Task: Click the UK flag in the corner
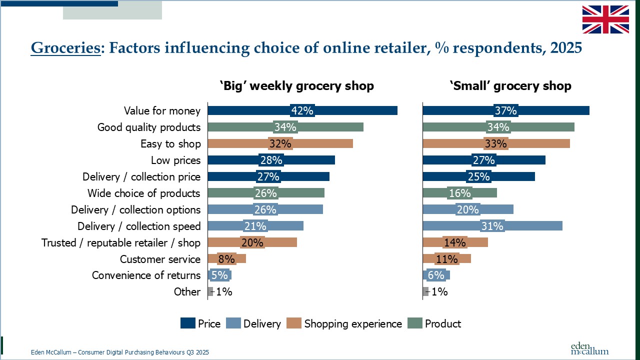coord(605,19)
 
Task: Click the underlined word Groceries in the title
coord(65,48)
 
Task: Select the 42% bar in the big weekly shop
coord(302,110)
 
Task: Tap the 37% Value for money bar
coord(505,110)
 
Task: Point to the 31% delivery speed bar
coord(492,226)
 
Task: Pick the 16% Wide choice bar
coord(459,193)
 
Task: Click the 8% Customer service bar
coord(226,259)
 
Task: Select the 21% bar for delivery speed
coord(255,226)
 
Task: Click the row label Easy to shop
coord(170,144)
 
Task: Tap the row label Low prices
coord(175,160)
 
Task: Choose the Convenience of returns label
coord(146,275)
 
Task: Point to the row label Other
coord(187,292)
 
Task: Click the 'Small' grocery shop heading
coord(510,86)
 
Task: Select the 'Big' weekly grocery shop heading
coord(296,86)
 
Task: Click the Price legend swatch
coord(187,324)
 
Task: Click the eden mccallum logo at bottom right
coord(589,348)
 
